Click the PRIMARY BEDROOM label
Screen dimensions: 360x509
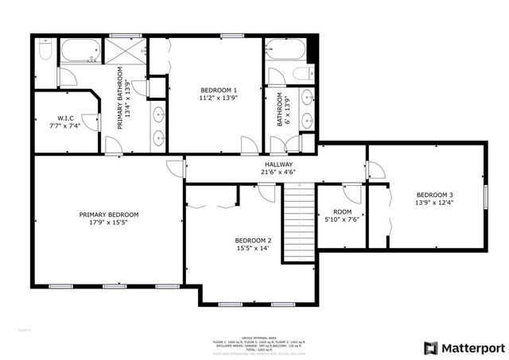(x=108, y=215)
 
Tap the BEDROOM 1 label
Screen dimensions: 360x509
(x=218, y=90)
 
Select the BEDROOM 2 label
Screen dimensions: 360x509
(x=253, y=240)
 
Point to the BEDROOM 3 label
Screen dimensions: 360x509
(x=434, y=195)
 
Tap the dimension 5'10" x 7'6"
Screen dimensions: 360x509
(x=342, y=220)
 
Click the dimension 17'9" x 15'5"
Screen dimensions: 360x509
(x=108, y=224)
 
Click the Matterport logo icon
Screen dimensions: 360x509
(x=430, y=347)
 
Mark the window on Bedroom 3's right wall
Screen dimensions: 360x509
(x=485, y=197)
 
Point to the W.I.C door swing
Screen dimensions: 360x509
(x=89, y=122)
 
